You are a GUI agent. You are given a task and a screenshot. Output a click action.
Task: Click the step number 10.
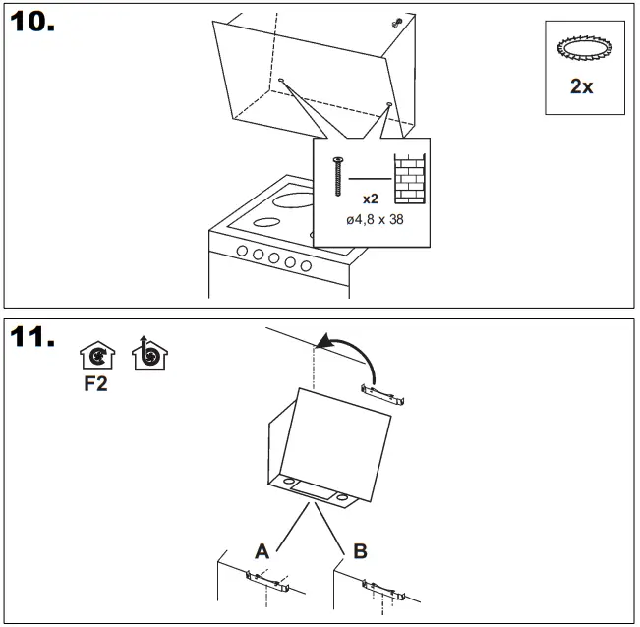31,23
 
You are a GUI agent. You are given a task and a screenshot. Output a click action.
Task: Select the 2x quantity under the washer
582,86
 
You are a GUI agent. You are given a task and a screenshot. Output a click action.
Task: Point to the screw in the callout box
338,177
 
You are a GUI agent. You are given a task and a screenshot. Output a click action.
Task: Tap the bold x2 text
370,199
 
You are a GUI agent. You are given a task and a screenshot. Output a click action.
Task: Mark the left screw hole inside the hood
281,81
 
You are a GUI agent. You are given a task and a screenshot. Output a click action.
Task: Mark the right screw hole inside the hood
389,104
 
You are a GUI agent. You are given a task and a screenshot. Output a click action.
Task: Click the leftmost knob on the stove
241,252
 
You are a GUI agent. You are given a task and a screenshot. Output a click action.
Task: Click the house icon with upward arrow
150,354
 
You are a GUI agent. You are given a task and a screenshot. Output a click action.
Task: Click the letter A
262,551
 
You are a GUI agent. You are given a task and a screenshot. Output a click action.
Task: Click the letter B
360,551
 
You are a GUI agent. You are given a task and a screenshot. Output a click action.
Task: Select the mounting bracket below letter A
266,586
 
